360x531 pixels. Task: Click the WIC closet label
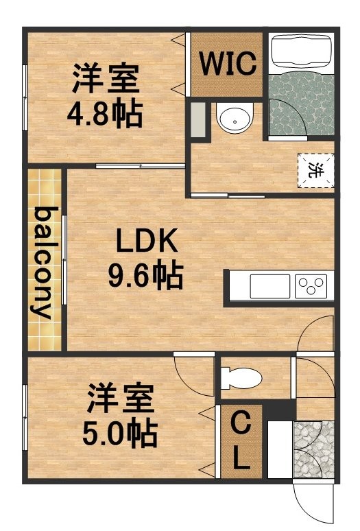pyautogui.click(x=228, y=63)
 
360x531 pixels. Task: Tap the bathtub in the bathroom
pyautogui.click(x=301, y=52)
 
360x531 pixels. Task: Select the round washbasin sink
pyautogui.click(x=235, y=117)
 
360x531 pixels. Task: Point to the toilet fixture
pyautogui.click(x=241, y=378)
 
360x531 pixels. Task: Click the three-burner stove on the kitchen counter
pyautogui.click(x=311, y=286)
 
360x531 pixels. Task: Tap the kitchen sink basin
pyautogui.click(x=270, y=286)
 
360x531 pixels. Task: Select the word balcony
pyautogui.click(x=43, y=263)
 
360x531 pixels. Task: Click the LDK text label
pyautogui.click(x=147, y=240)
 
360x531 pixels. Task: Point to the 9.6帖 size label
pyautogui.click(x=146, y=274)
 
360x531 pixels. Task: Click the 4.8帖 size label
pyautogui.click(x=104, y=113)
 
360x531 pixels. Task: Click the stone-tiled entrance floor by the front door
pyautogui.click(x=313, y=449)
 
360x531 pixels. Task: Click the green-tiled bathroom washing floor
pyautogui.click(x=301, y=104)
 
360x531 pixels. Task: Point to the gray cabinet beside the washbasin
pyautogui.click(x=198, y=120)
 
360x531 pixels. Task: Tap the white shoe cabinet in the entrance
pyautogui.click(x=280, y=449)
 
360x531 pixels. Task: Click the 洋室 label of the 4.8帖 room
pyautogui.click(x=106, y=78)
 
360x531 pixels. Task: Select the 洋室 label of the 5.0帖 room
pyautogui.click(x=121, y=398)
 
